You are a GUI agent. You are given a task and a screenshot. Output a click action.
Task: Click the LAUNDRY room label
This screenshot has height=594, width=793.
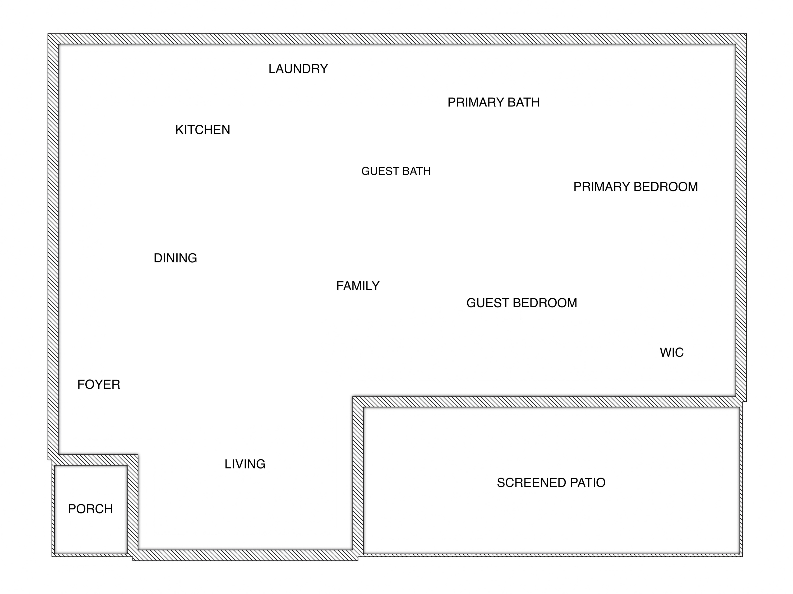pyautogui.click(x=298, y=69)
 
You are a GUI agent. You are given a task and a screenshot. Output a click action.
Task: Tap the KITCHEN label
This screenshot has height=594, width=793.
pyautogui.click(x=202, y=130)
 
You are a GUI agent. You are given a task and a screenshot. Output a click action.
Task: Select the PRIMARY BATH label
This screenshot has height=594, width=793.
pyautogui.click(x=493, y=103)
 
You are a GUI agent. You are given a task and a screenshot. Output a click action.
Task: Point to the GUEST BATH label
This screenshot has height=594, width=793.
pyautogui.click(x=396, y=171)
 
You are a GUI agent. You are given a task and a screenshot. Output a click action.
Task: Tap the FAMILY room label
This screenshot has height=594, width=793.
pyautogui.click(x=358, y=286)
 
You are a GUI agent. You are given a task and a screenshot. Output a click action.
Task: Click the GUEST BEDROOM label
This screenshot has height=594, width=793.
pyautogui.click(x=522, y=303)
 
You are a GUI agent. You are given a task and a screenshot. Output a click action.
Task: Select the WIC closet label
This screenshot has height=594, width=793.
pyautogui.click(x=671, y=352)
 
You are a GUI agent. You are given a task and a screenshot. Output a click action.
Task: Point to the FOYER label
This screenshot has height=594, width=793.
pyautogui.click(x=99, y=384)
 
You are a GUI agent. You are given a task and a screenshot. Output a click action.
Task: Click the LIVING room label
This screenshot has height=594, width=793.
pyautogui.click(x=245, y=464)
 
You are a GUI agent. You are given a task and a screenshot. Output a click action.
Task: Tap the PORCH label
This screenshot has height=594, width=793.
pyautogui.click(x=90, y=509)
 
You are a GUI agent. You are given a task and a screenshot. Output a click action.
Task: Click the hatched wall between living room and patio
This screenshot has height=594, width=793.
pyautogui.click(x=358, y=476)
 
